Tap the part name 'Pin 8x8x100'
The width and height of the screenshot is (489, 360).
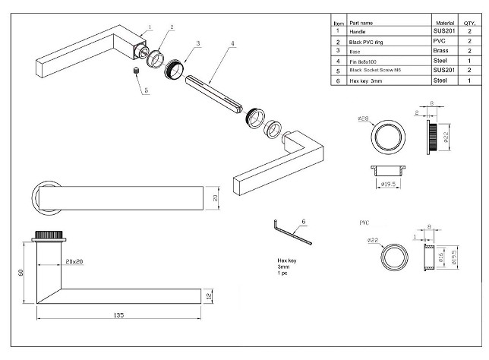point(364,60)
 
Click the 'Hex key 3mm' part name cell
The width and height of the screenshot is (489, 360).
point(366,80)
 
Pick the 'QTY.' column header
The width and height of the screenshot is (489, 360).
point(469,23)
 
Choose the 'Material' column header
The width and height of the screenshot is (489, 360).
point(443,23)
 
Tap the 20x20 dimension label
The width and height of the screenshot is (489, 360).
point(74,261)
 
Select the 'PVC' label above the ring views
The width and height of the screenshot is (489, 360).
point(365,225)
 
